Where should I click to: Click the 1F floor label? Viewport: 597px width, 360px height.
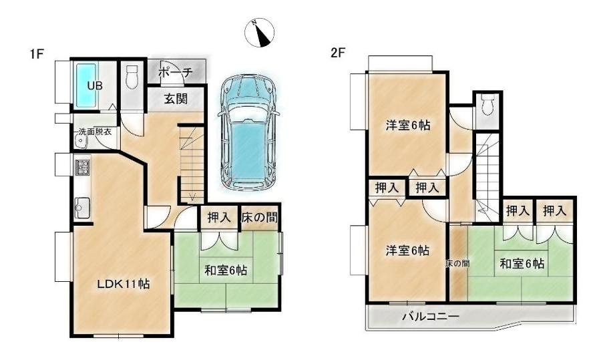(37, 55)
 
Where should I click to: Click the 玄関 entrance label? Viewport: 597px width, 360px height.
(176, 99)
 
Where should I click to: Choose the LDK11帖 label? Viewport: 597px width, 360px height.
(120, 283)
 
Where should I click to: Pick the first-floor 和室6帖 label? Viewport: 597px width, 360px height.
(226, 271)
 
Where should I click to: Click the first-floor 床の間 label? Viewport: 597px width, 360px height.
(259, 216)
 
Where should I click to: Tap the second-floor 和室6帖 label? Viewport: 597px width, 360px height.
(522, 263)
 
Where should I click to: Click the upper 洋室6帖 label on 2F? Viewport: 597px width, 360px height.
(407, 124)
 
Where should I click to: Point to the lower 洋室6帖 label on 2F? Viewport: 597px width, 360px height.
(407, 250)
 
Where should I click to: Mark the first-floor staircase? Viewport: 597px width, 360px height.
(192, 164)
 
